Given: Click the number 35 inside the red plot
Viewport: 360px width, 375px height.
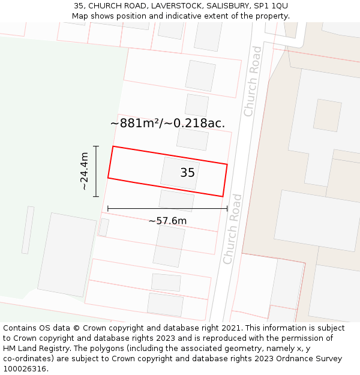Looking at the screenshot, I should click(187, 173).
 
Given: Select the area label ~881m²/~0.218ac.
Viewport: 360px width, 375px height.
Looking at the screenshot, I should click(167, 123).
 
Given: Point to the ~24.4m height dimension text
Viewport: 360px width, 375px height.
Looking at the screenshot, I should click(85, 171).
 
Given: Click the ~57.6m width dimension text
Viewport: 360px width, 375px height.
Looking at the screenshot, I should click(167, 221).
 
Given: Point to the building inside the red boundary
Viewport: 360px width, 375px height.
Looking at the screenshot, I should click(179, 172).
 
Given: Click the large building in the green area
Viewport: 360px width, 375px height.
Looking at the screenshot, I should click(67, 254).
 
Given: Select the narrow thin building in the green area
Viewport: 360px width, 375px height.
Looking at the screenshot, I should click(28, 230).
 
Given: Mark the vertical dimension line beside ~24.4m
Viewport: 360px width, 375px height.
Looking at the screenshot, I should click(96, 171).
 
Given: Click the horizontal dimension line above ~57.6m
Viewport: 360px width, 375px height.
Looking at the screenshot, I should click(167, 209).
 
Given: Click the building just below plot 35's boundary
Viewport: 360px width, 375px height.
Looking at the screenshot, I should click(176, 200).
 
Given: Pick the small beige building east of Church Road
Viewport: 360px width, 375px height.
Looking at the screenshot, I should click(328, 115).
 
